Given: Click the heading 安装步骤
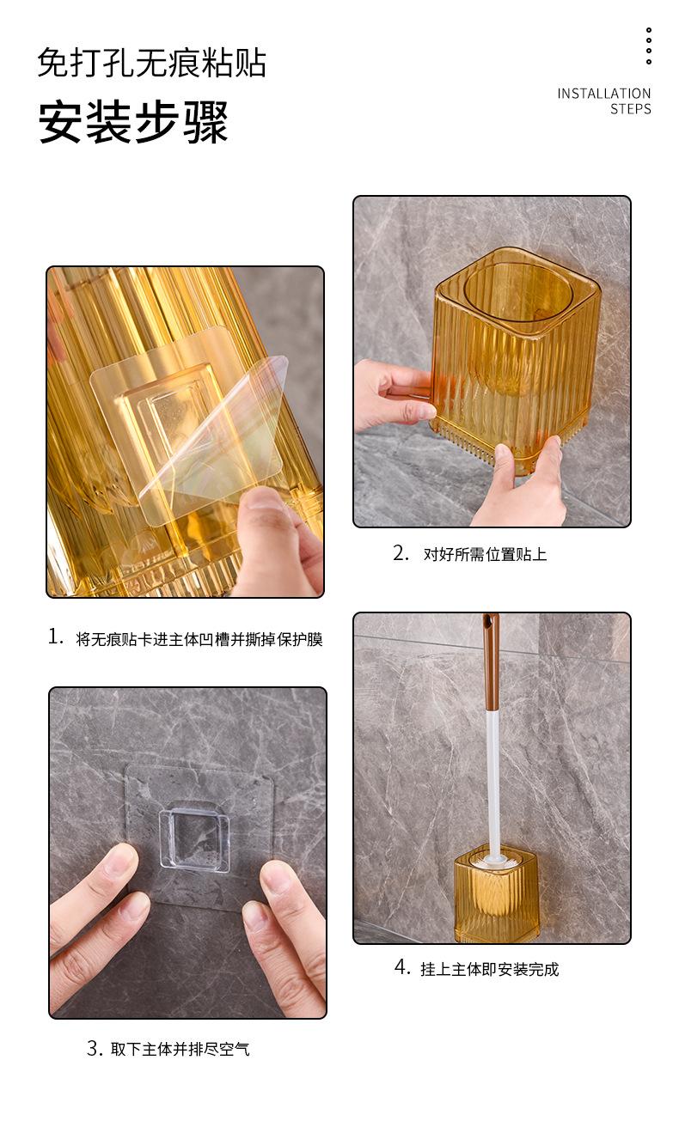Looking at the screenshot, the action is pyautogui.click(x=133, y=122).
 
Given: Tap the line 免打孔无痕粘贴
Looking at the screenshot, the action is pyautogui.click(x=152, y=63).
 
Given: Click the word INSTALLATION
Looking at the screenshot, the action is pyautogui.click(x=604, y=94).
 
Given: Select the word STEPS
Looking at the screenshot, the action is pyautogui.click(x=630, y=109).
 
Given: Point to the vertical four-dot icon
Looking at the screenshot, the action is pyautogui.click(x=648, y=46).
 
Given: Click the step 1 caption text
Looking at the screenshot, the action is pyautogui.click(x=199, y=639).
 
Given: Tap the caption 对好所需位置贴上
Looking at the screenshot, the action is pyautogui.click(x=485, y=554).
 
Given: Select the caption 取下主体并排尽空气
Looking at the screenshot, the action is pyautogui.click(x=180, y=1049).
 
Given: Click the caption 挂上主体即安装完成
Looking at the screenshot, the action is pyautogui.click(x=489, y=969).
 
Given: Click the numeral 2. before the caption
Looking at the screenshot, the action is pyautogui.click(x=401, y=553).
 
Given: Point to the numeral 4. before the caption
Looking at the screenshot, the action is pyautogui.click(x=402, y=967).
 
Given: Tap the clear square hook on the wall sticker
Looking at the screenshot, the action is pyautogui.click(x=193, y=835).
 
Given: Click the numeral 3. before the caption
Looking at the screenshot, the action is pyautogui.click(x=95, y=1047).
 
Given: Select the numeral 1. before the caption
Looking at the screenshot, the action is pyautogui.click(x=56, y=637).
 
